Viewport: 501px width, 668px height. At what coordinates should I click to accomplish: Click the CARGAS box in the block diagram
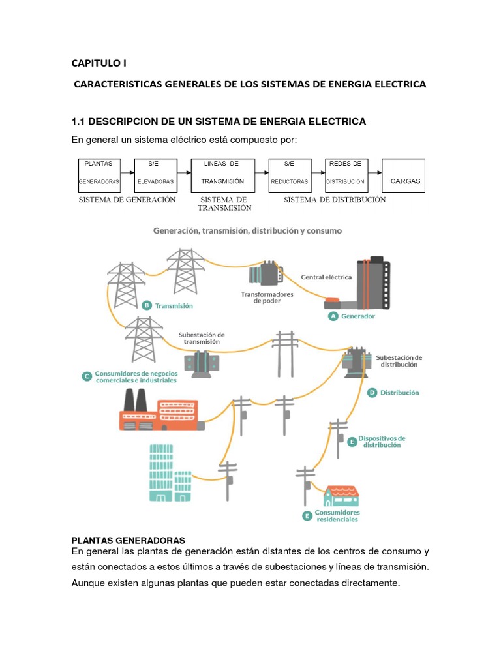(x=405, y=175)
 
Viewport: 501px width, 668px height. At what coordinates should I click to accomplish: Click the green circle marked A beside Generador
(x=333, y=316)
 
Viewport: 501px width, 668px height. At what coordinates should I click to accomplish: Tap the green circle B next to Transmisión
(x=147, y=305)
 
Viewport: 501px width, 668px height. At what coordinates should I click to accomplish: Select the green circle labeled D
(x=372, y=393)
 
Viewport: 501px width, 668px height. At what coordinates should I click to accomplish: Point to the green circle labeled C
(x=87, y=376)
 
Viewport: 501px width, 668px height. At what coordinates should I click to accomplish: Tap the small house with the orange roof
(x=342, y=495)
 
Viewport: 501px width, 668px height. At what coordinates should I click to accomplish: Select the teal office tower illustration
(x=163, y=472)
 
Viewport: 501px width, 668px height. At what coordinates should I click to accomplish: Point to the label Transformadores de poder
(x=267, y=297)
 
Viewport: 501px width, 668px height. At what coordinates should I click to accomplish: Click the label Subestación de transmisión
(x=202, y=338)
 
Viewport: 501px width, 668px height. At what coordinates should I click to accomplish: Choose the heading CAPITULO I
(x=99, y=63)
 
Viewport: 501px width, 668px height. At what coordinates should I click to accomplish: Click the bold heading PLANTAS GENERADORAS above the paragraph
(x=129, y=540)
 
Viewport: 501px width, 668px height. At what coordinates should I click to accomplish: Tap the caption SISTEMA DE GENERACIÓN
(x=127, y=200)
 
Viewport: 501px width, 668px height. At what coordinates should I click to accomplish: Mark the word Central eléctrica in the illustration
(x=326, y=277)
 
